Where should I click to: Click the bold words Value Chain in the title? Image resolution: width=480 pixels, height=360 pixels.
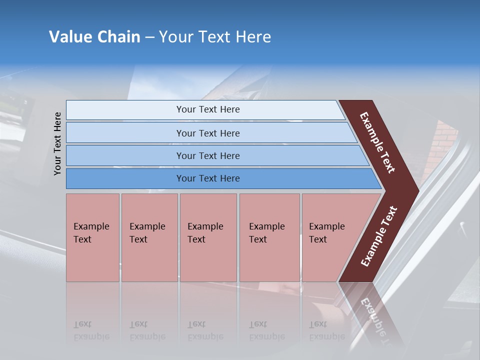pyautogui.click(x=94, y=37)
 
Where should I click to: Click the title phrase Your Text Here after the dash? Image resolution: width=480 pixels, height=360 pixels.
pyautogui.click(x=215, y=37)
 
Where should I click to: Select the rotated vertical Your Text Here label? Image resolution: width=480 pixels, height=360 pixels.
pyautogui.click(x=57, y=143)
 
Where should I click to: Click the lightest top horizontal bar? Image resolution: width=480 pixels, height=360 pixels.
pyautogui.click(x=208, y=109)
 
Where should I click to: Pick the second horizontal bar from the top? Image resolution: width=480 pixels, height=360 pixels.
pyautogui.click(x=208, y=133)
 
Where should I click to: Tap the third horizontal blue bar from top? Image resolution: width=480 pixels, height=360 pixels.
pyautogui.click(x=208, y=155)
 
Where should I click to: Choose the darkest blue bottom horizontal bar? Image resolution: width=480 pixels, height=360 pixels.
pyautogui.click(x=208, y=178)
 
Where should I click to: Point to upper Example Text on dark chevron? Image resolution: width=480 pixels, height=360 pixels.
pyautogui.click(x=378, y=142)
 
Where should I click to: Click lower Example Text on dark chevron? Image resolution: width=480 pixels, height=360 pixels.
pyautogui.click(x=379, y=236)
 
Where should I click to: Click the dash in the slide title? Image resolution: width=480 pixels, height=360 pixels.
pyautogui.click(x=149, y=37)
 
